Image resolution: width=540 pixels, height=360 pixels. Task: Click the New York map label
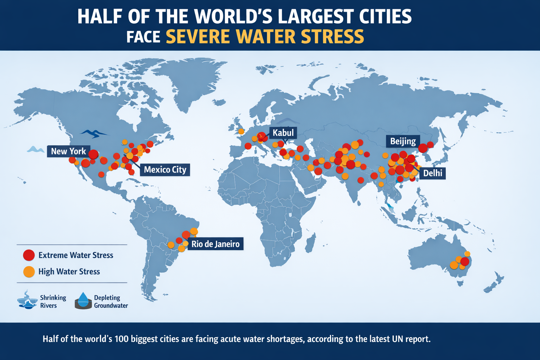pyautogui.click(x=69, y=151)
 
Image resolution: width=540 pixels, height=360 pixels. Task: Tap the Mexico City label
pyautogui.click(x=165, y=170)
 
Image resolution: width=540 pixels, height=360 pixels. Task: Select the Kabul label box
pyautogui.click(x=283, y=133)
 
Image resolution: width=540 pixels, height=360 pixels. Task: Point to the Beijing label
pyautogui.click(x=403, y=141)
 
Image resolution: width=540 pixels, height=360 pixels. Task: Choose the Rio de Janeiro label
pyautogui.click(x=215, y=244)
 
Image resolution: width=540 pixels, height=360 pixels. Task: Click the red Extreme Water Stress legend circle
pyautogui.click(x=29, y=255)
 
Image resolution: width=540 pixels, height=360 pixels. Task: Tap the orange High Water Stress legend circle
pyautogui.click(x=29, y=271)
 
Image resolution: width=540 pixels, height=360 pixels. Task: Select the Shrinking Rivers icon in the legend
pyautogui.click(x=27, y=300)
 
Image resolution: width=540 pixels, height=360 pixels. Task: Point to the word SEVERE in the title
pyautogui.click(x=198, y=37)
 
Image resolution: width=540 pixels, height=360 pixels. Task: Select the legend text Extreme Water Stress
pyautogui.click(x=76, y=255)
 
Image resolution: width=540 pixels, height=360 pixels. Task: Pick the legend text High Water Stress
pyautogui.click(x=69, y=271)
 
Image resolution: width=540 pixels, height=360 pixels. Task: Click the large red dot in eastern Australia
pyautogui.click(x=465, y=262)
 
